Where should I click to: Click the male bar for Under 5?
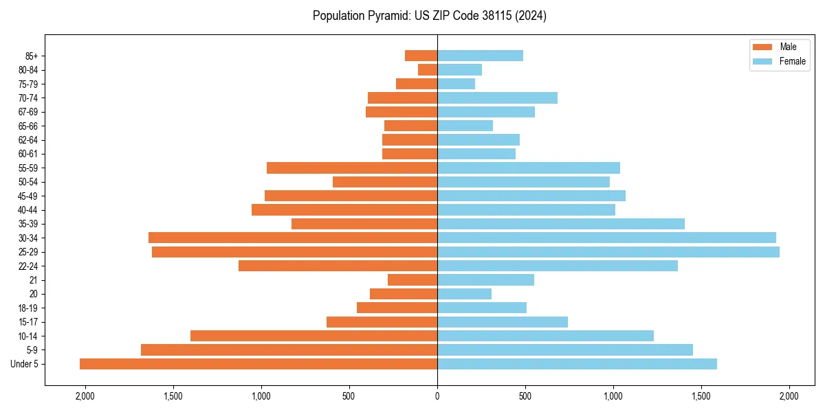[x=258, y=364]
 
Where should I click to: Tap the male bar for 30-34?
[x=293, y=238]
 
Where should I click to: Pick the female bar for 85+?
[x=480, y=56]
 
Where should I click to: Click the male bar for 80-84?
[x=428, y=69]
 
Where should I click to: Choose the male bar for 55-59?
[x=352, y=168]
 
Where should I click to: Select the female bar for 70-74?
[x=497, y=98]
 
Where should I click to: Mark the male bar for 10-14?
[x=313, y=336]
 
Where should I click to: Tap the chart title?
[x=429, y=16]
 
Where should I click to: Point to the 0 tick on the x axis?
[x=437, y=396]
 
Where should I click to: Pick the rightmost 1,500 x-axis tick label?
[x=701, y=396]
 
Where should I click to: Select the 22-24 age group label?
[x=28, y=266]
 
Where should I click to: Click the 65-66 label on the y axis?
[x=28, y=126]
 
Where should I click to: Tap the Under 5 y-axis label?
[x=24, y=364]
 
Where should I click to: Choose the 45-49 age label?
[x=28, y=196]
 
